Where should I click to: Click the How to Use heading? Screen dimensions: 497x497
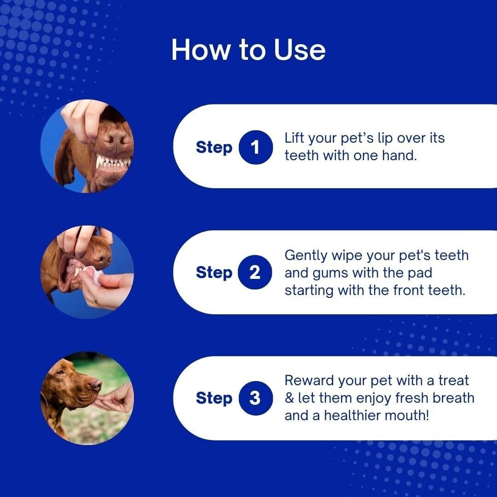click(248, 50)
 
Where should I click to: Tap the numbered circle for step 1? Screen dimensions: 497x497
click(255, 147)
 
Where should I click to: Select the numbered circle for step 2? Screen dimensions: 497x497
click(255, 272)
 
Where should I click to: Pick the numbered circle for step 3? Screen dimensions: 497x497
click(255, 398)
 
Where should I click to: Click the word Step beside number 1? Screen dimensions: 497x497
click(214, 148)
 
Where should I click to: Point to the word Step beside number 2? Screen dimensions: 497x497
click(214, 273)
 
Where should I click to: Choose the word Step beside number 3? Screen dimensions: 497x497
click(214, 399)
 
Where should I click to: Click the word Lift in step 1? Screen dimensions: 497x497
click(295, 138)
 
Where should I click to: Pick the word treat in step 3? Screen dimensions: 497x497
click(454, 381)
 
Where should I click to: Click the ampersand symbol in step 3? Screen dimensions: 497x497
click(289, 398)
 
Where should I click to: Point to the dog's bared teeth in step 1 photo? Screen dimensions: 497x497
click(113, 162)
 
